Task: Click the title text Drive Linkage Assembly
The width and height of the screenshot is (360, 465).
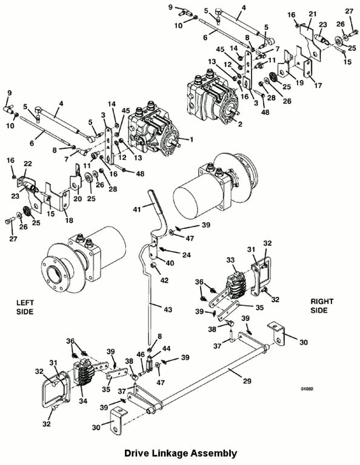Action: [181, 453]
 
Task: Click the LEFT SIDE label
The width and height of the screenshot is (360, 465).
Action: [25, 307]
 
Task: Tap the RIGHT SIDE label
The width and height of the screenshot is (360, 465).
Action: [322, 306]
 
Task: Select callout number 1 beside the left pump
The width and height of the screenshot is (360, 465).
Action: [192, 139]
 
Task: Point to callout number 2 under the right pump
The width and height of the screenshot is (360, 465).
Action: [240, 124]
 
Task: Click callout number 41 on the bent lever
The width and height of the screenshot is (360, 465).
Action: [137, 209]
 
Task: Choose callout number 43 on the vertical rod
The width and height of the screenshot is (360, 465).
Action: [168, 309]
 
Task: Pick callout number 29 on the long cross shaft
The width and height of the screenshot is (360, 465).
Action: [247, 381]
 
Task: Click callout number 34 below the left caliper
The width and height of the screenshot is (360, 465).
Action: [83, 401]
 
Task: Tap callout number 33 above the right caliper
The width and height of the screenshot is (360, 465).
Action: [230, 260]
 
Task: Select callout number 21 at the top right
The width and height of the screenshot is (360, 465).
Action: [313, 14]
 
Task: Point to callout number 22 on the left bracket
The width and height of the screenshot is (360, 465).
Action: [28, 163]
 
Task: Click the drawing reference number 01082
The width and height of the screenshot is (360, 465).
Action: [307, 389]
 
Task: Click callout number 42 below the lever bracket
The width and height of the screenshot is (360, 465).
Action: [164, 280]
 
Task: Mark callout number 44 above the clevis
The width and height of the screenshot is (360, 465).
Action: [167, 349]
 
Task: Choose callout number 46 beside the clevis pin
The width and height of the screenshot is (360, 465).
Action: [141, 354]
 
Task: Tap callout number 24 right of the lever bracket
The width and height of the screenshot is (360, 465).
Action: [187, 255]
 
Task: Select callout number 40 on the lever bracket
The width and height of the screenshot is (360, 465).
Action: [170, 263]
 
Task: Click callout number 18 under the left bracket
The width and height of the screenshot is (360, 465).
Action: [68, 220]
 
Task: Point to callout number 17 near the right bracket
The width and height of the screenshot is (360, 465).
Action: [318, 86]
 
